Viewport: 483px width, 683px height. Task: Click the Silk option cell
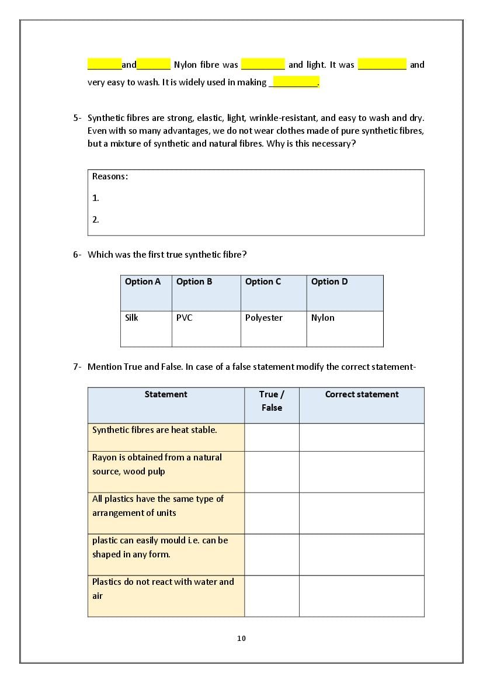146,328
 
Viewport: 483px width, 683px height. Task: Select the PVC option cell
206,328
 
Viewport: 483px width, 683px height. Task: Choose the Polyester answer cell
273,328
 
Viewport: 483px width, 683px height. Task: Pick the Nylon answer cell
345,328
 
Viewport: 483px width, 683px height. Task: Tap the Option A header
146,293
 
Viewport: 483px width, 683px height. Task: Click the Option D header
345,293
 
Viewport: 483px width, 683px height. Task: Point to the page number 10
242,638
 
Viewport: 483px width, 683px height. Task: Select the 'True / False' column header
272,401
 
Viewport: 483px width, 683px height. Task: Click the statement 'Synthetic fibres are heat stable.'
155,430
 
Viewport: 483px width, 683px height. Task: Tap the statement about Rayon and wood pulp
157,464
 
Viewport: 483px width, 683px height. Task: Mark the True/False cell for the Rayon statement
272,471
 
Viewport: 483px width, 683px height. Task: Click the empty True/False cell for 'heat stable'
272,437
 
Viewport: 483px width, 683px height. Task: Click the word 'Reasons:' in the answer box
110,176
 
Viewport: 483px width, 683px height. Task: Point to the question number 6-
77,254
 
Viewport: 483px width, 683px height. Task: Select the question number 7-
77,367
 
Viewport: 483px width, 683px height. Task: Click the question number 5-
77,118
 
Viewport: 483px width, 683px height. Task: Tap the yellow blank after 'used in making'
295,82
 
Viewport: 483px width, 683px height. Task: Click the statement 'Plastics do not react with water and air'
163,588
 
